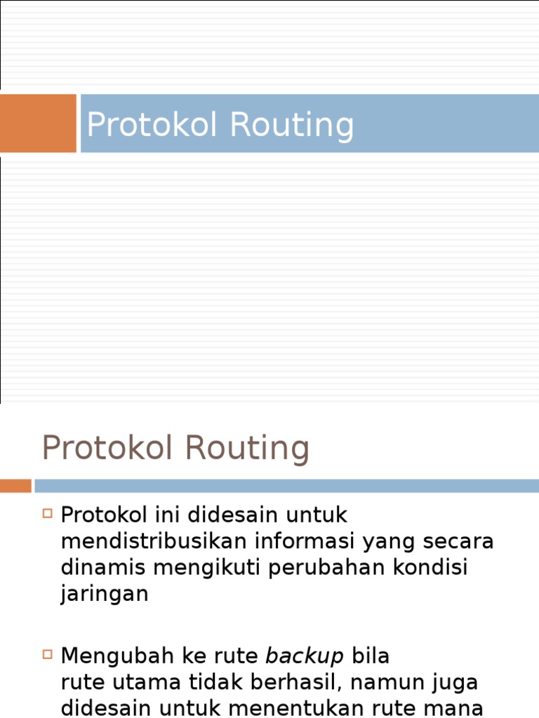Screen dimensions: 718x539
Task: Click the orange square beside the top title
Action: [37, 123]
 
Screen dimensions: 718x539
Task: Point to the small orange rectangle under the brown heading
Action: [15, 486]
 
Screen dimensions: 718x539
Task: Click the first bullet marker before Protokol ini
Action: [48, 513]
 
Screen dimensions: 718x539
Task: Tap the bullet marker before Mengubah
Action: [48, 654]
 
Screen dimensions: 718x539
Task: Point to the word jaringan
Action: [105, 595]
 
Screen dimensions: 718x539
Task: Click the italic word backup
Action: [305, 656]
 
